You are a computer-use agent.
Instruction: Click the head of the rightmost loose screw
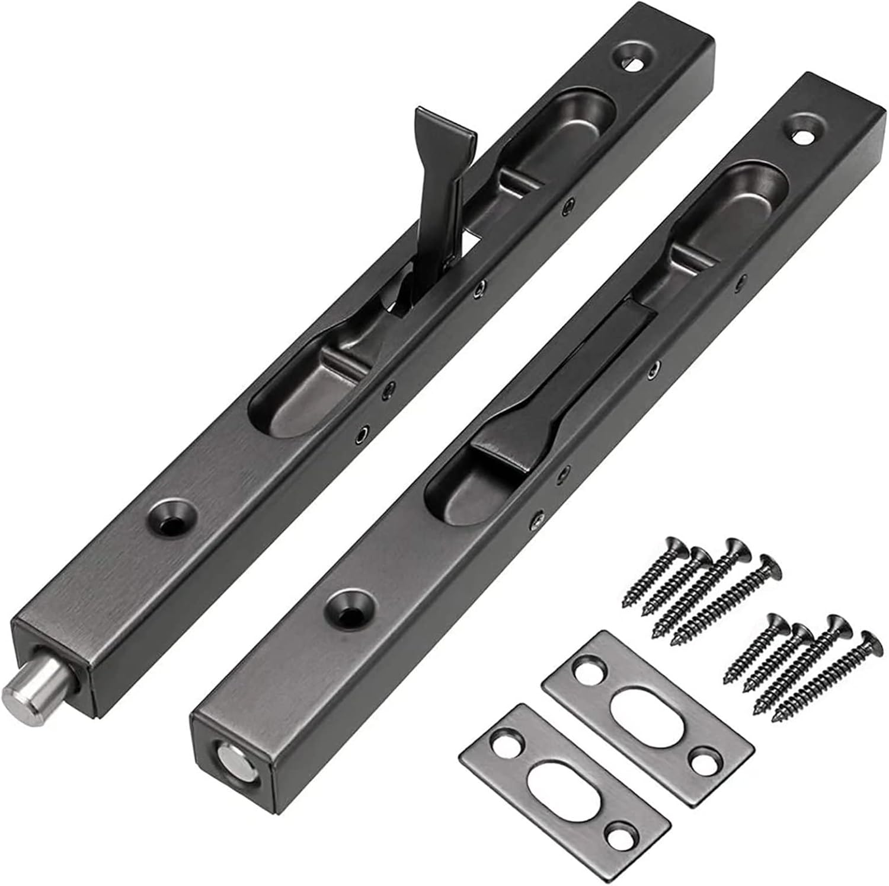point(869,636)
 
